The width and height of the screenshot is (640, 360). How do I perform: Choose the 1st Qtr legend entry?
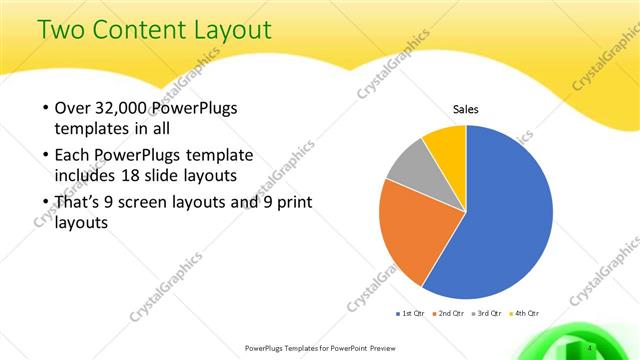(411, 314)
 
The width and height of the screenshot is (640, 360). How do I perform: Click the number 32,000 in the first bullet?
(125, 108)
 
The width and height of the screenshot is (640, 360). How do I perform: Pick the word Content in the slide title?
(139, 32)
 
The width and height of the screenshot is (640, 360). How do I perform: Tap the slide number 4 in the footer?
(591, 347)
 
